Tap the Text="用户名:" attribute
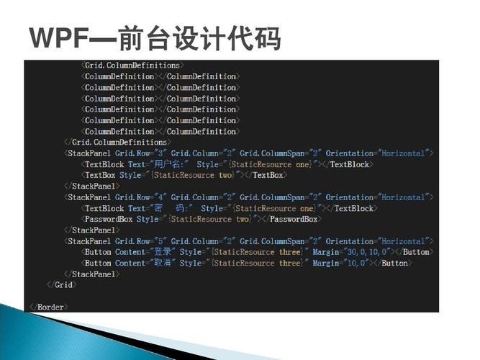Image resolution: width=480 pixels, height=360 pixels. pyautogui.click(x=159, y=165)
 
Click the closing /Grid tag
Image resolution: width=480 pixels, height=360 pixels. pyautogui.click(x=62, y=285)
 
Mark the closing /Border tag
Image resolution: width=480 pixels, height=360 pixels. pyautogui.click(x=49, y=307)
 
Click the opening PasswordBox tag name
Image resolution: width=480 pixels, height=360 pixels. pyautogui.click(x=109, y=220)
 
